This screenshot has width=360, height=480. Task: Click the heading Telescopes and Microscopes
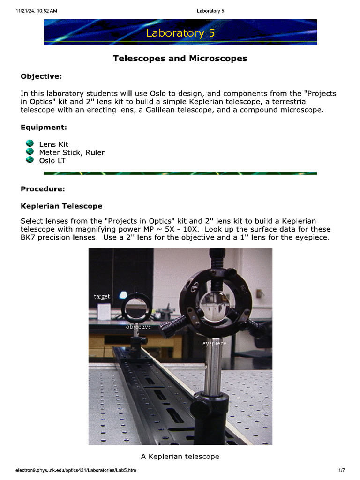pyautogui.click(x=180, y=59)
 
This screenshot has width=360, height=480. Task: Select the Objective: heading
pyautogui.click(x=41, y=76)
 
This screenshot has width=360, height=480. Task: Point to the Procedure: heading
pyautogui.click(x=43, y=189)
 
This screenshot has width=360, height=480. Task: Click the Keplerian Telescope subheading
pyautogui.click(x=61, y=206)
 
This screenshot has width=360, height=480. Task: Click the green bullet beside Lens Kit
pyautogui.click(x=30, y=144)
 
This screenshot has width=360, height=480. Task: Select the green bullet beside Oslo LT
pyautogui.click(x=30, y=160)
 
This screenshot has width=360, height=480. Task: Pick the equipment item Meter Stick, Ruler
pyautogui.click(x=72, y=152)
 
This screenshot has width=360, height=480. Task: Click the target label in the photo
pyautogui.click(x=102, y=296)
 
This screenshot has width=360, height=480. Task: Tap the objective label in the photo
pyautogui.click(x=138, y=327)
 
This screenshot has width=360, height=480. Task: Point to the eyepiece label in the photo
pyautogui.click(x=214, y=344)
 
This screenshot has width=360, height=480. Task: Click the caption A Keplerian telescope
pyautogui.click(x=180, y=456)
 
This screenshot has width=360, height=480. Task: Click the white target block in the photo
pyautogui.click(x=104, y=312)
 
